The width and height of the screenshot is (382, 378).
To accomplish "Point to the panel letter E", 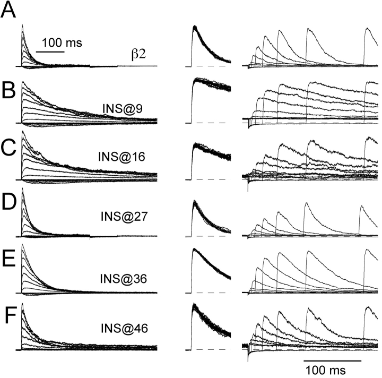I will point(9,261).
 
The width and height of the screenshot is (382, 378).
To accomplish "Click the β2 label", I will point(138,54).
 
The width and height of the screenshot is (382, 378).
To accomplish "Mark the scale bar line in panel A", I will point(50,52).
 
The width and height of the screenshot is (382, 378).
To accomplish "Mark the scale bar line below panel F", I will point(332,360).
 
